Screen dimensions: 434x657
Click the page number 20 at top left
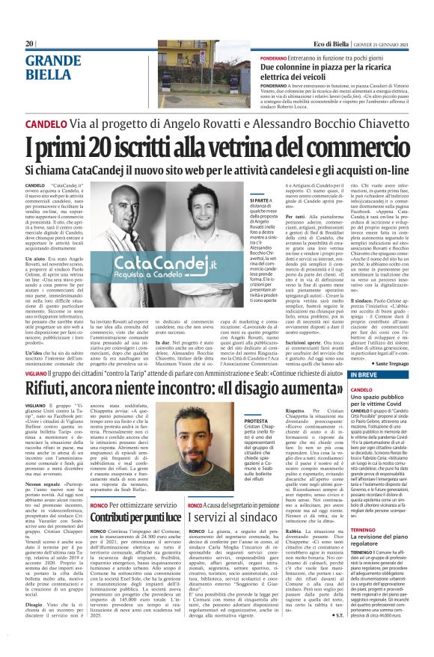[x=30, y=44]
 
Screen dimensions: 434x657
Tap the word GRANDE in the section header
[x=49, y=61]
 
